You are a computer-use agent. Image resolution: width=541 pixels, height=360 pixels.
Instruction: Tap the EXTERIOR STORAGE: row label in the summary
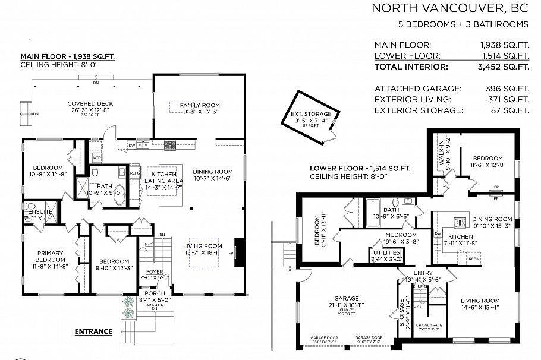point(411,110)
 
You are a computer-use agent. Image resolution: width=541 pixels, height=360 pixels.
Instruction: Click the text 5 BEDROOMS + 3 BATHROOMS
point(463,24)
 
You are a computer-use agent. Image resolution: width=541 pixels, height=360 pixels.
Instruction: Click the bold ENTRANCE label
point(93,331)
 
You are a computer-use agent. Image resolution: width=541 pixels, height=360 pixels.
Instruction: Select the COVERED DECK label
point(87,103)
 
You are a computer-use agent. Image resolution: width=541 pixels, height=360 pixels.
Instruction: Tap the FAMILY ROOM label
point(200,105)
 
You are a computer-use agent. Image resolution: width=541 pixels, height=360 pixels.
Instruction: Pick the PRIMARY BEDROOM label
point(49,256)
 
